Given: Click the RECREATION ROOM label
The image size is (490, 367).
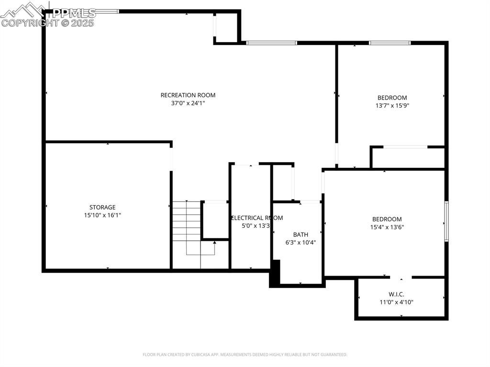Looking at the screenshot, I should click(188, 95).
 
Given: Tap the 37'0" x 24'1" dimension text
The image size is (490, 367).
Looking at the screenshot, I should click(188, 103).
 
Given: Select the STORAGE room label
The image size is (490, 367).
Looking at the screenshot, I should click(102, 207).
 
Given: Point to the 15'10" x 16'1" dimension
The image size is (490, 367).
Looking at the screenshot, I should click(102, 215).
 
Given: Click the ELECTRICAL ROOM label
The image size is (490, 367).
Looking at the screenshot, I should click(257, 218).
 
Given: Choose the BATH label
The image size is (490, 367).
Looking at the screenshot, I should click(301, 234).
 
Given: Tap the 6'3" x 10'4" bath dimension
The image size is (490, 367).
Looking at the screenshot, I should click(301, 243).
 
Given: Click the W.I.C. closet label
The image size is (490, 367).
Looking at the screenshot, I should click(396, 294).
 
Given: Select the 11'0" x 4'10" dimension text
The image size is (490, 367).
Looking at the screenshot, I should click(396, 302).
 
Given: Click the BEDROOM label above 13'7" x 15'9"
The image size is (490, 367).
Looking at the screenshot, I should click(392, 98).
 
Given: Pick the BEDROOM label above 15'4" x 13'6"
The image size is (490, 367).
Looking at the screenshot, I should click(387, 219).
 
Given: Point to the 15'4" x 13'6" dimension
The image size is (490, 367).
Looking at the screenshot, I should click(387, 227).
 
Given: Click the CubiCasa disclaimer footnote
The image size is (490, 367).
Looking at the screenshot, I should click(245, 355).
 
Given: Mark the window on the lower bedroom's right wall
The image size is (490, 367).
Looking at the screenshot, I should click(446, 221).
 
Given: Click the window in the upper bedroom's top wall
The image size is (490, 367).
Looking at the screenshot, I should click(390, 43).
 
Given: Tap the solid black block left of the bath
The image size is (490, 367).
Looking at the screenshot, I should click(275, 273).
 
